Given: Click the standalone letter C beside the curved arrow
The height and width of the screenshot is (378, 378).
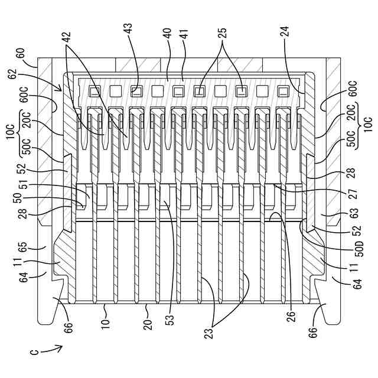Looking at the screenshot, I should pyautogui.click(x=35, y=353).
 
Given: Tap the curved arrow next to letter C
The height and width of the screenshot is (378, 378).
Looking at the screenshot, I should pyautogui.click(x=52, y=348).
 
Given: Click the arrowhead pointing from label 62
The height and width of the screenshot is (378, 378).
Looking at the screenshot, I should pyautogui.click(x=60, y=90).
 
